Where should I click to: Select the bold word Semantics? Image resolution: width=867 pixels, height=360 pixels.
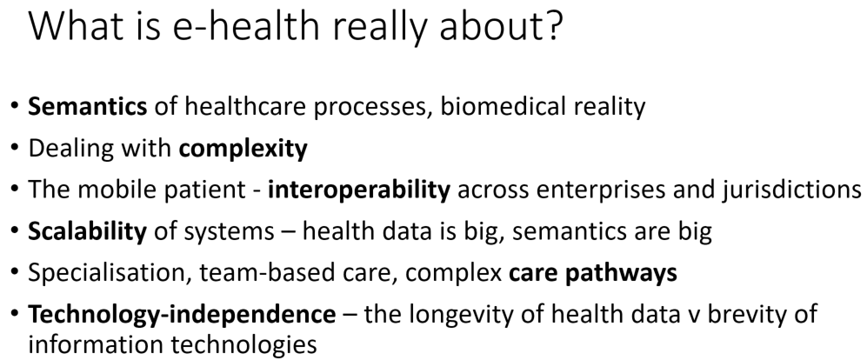click(x=87, y=105)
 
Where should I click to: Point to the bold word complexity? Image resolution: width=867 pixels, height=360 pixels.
click(x=243, y=149)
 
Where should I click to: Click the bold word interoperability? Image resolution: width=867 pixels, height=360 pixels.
click(x=359, y=190)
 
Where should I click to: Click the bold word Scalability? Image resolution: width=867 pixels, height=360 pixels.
click(x=87, y=231)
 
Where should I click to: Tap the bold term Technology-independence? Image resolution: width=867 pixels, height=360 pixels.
click(x=182, y=314)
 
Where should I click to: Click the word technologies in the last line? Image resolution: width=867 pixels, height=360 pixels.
click(x=243, y=344)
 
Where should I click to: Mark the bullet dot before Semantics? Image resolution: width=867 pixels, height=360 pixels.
click(x=15, y=105)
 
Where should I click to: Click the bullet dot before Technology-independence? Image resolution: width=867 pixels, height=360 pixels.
click(x=15, y=314)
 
